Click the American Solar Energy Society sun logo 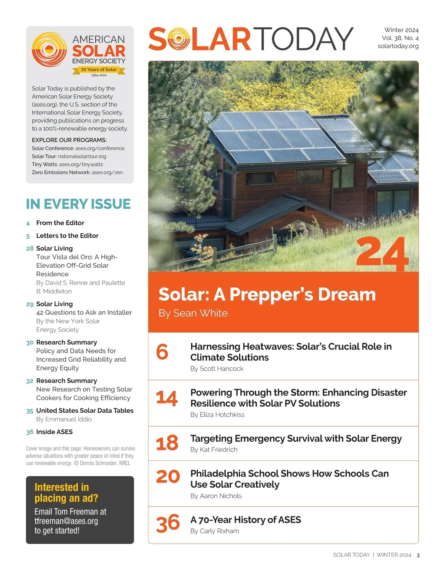49,49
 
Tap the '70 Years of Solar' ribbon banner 99,70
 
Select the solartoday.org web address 398,46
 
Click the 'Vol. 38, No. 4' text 400,38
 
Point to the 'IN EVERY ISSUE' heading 78,204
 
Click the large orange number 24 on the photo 382,255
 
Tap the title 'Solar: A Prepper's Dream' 267,294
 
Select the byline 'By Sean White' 193,313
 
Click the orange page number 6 162,352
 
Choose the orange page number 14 167,398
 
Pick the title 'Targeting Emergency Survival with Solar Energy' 296,439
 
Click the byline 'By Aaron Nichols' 216,496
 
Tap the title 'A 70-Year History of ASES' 245,519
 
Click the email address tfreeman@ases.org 66,521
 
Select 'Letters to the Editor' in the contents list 67,235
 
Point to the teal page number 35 30,411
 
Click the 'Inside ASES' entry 55,432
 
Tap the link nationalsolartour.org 82,156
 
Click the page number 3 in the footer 418,555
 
